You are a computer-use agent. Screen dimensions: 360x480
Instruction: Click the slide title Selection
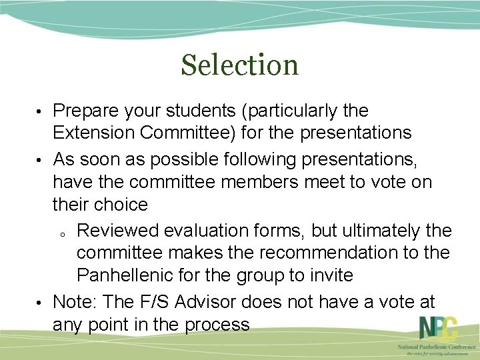pos(240,65)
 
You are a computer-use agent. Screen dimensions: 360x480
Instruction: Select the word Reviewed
pos(121,231)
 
